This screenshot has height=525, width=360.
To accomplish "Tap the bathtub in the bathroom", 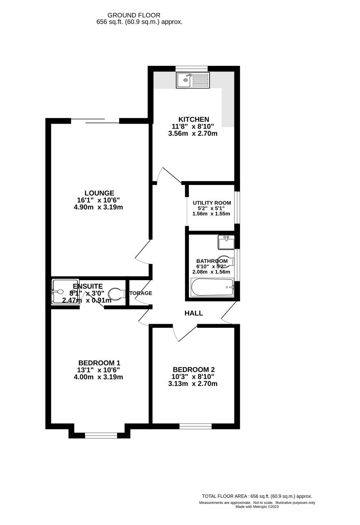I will pyautogui.click(x=212, y=288).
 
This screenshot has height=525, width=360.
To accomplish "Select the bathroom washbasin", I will pyautogui.click(x=226, y=242).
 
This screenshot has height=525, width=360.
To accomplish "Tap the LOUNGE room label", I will pyautogui.click(x=99, y=193).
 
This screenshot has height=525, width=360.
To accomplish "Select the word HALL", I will pyautogui.click(x=193, y=313).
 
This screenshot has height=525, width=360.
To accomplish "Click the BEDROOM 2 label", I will pyautogui.click(x=193, y=370).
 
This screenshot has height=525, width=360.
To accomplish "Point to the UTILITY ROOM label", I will pyautogui.click(x=212, y=203).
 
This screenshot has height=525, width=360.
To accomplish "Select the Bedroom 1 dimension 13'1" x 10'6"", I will pyautogui.click(x=99, y=370).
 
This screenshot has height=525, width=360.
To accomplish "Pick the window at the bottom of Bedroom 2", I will pyautogui.click(x=195, y=426).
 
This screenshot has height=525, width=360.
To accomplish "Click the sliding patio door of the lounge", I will pyautogui.click(x=95, y=120).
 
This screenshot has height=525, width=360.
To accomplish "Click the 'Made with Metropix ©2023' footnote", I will pyautogui.click(x=257, y=507).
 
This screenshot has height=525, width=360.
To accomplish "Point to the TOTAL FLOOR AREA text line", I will pyautogui.click(x=257, y=496).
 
